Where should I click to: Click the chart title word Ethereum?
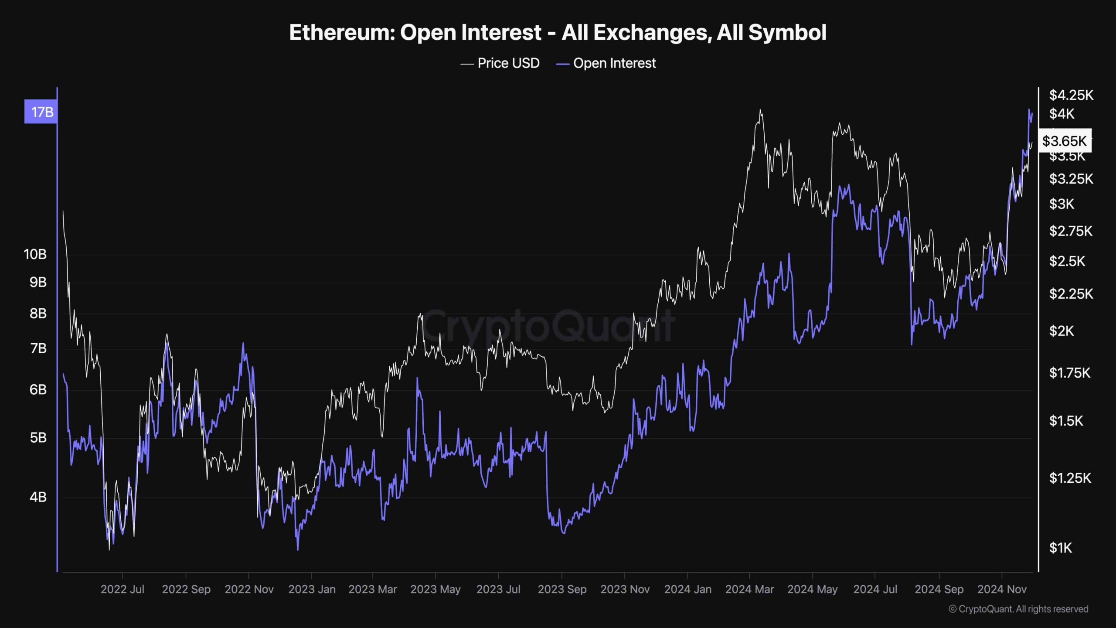click(x=341, y=33)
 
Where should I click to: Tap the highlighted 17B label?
click(x=41, y=112)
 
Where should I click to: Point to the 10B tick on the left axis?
click(x=35, y=254)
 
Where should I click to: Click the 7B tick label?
click(x=38, y=348)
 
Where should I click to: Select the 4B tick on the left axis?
click(x=38, y=497)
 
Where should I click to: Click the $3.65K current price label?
click(x=1064, y=141)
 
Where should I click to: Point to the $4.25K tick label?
click(x=1071, y=95)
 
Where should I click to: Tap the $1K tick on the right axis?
click(x=1060, y=548)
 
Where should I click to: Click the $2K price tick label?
click(x=1061, y=331)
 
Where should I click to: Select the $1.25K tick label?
click(x=1070, y=478)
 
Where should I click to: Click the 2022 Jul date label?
click(x=122, y=589)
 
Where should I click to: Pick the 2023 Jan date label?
click(x=312, y=589)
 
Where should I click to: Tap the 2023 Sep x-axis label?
click(x=562, y=589)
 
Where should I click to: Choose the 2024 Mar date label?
click(x=749, y=589)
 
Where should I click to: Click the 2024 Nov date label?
click(x=1002, y=589)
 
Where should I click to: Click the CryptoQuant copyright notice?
click(x=1018, y=609)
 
